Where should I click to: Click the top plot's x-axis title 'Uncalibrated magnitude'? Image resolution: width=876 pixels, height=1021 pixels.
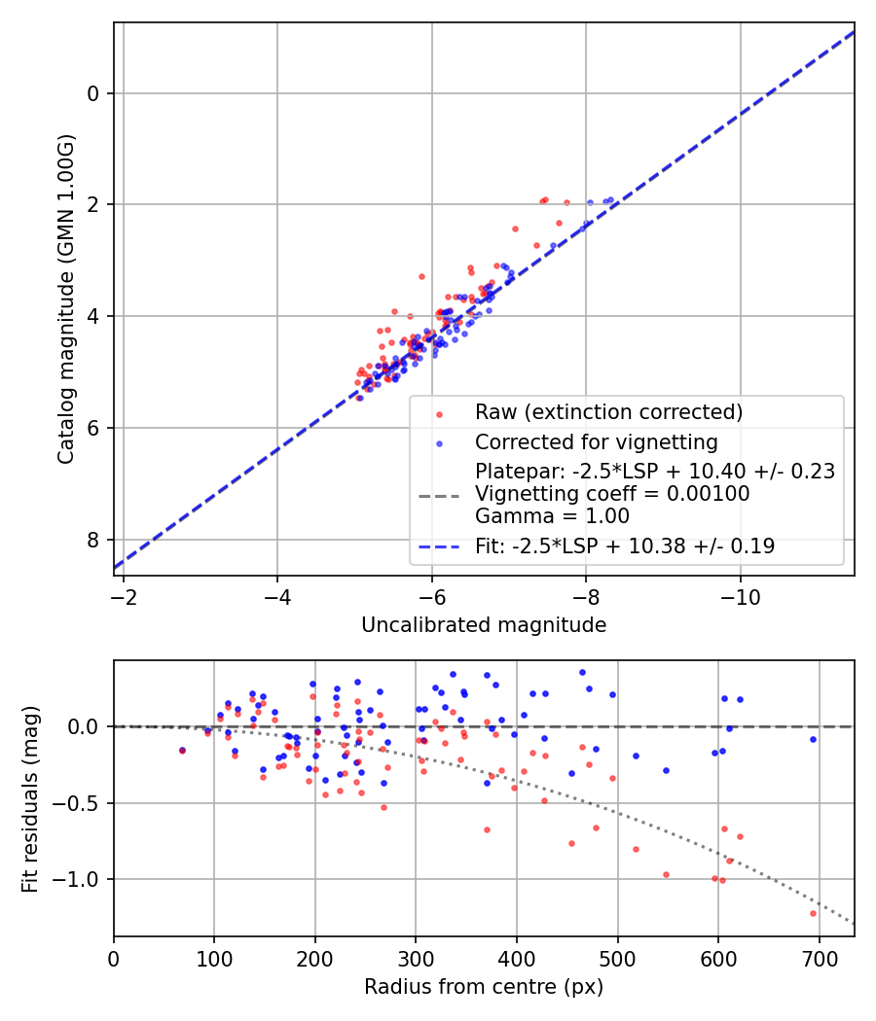coord(484,625)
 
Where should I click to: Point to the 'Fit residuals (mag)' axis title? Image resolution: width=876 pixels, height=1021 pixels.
coord(29,798)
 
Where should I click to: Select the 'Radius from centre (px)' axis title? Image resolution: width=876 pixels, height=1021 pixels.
coord(484,987)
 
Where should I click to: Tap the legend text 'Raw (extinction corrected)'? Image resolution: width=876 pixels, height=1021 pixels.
coord(608,412)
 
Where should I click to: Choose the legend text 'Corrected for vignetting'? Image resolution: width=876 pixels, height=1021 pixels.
coord(596,442)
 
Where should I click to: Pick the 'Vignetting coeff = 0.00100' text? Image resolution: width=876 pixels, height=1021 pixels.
coord(612,494)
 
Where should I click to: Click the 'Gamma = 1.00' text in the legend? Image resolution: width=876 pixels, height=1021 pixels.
coord(552,516)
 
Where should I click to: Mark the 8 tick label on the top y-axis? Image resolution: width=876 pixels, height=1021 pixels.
coord(93,540)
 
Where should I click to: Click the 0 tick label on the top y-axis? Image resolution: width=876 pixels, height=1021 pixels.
coord(93,93)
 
